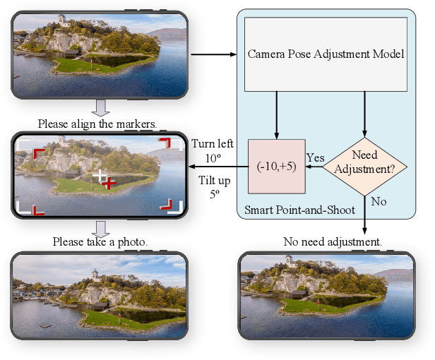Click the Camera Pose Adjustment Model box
pos(326,54)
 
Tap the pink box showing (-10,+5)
pos(276,167)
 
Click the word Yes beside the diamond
pos(314,157)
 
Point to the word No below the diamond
pos(379,201)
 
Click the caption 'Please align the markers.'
pos(97,124)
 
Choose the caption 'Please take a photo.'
pos(100,241)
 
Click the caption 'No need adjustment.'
pos(332,241)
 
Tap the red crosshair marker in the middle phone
pos(109,183)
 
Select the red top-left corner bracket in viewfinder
pos(38,153)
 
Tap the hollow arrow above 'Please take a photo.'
pos(101,227)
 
